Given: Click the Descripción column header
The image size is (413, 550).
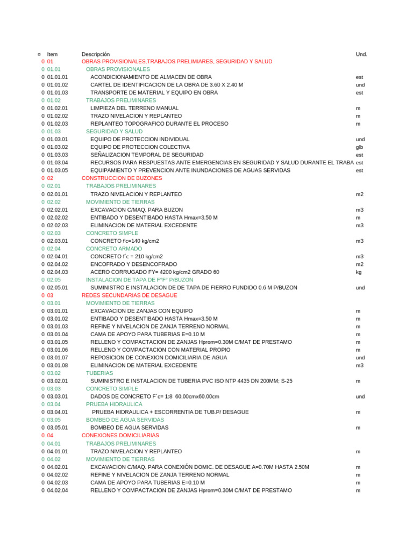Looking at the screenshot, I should (x=96, y=54).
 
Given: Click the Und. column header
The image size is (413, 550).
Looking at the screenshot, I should (x=361, y=54).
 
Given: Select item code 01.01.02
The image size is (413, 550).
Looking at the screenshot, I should (x=58, y=85).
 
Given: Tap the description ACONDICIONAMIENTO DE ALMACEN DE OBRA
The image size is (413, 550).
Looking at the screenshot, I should (x=151, y=77).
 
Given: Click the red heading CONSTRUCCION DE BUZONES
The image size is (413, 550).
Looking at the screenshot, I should (x=122, y=178).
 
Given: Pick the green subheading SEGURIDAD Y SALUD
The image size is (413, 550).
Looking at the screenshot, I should (x=114, y=132).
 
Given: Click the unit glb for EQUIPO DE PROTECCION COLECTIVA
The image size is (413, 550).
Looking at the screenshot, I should (x=360, y=147).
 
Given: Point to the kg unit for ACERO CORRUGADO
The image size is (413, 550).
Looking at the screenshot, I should (x=359, y=272).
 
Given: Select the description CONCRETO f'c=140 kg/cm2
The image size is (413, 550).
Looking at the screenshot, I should (x=124, y=241).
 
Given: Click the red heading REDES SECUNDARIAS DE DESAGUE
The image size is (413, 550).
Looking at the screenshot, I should (x=129, y=295).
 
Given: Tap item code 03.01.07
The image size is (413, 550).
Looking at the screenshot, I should (x=58, y=358).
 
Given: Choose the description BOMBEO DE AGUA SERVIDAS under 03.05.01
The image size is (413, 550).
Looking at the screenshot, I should (x=129, y=428).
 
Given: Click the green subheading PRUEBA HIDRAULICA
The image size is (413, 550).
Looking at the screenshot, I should (x=114, y=404).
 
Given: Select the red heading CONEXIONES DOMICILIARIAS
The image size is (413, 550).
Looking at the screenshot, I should (x=120, y=436).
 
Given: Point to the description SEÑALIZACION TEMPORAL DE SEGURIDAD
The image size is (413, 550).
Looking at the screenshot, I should (x=147, y=155).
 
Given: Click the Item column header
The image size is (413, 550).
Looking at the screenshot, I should (x=52, y=54).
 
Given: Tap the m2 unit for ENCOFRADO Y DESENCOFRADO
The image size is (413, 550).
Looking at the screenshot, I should (x=360, y=264).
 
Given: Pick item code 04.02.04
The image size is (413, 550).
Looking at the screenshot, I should (x=58, y=490).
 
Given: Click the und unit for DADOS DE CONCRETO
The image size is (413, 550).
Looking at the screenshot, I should (x=360, y=397).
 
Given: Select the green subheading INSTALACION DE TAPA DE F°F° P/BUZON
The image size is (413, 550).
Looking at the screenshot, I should (x=139, y=280).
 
